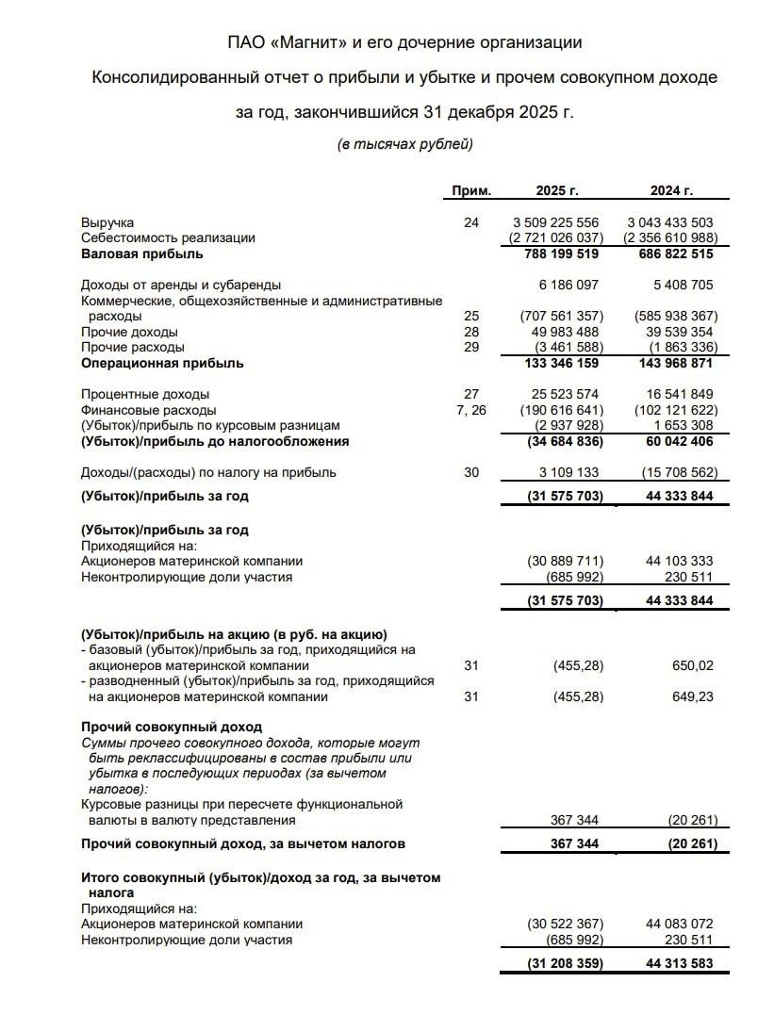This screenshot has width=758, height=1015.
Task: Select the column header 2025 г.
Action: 556,190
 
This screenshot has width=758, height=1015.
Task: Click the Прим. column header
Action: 471,190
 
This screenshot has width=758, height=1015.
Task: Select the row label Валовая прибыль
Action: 141,254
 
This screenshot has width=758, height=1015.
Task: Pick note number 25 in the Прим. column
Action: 471,316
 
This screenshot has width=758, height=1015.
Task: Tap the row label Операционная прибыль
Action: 162,363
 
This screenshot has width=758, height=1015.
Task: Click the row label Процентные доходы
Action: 145,394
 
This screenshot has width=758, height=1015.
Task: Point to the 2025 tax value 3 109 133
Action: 563,472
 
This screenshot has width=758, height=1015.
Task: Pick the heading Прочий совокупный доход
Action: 172,728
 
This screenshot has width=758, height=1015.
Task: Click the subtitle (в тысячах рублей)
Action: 404,144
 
